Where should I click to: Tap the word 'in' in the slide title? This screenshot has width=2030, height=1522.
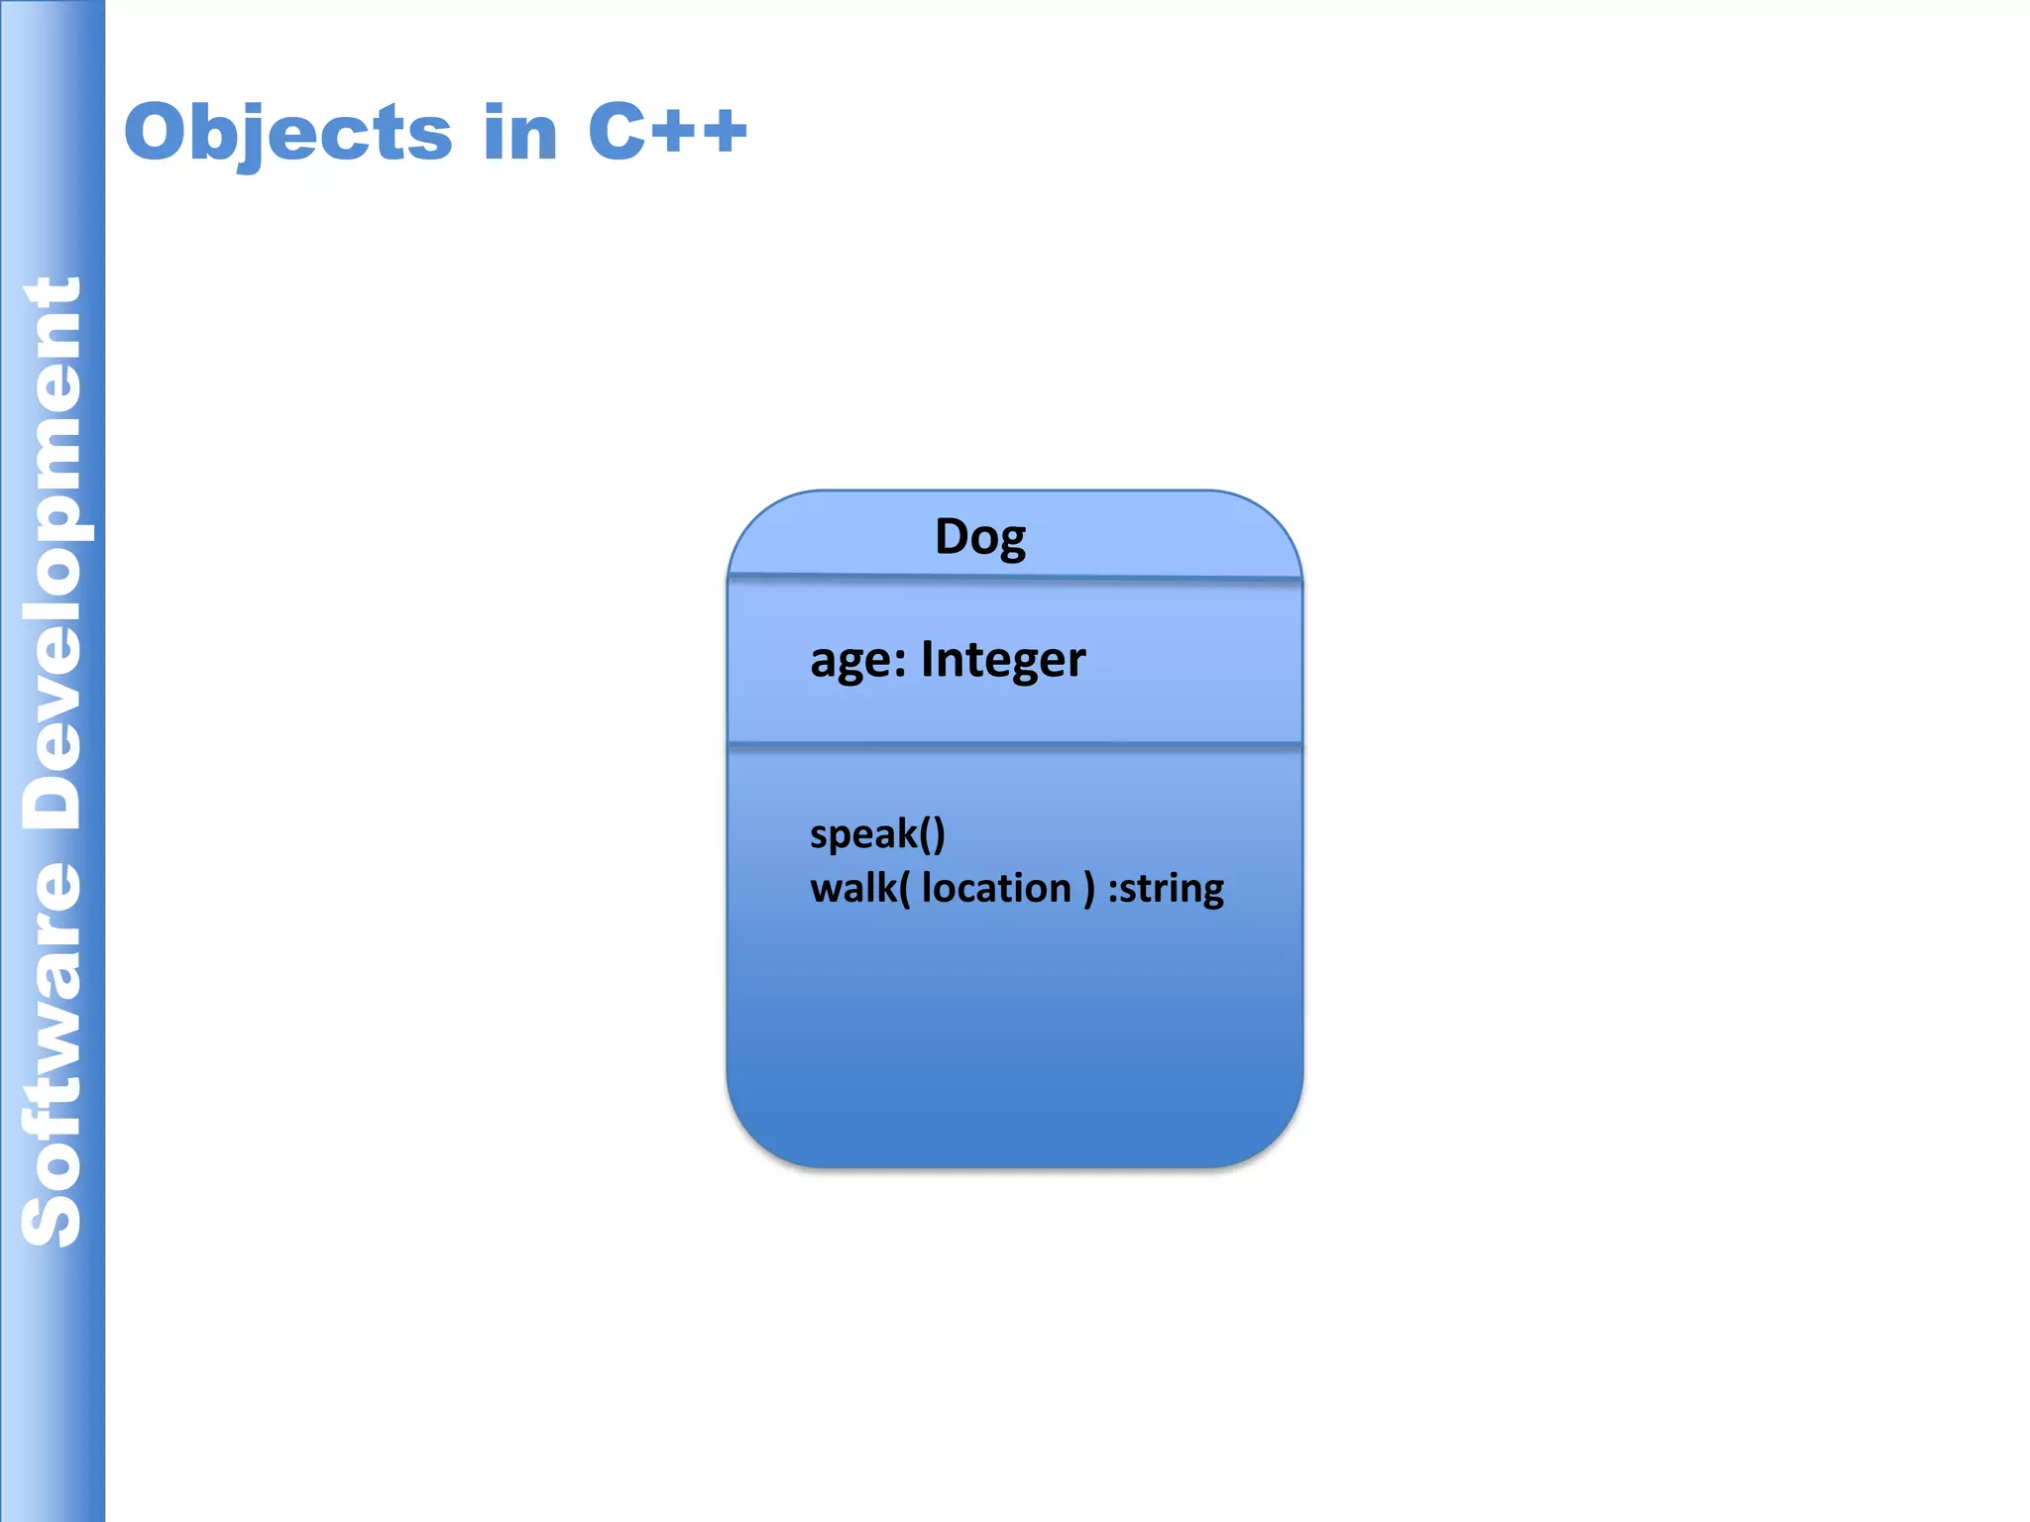coord(520,133)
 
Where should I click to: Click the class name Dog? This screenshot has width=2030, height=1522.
coord(980,537)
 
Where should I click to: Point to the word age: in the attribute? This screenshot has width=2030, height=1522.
coord(857,660)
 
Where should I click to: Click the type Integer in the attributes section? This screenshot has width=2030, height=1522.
coord(1003,660)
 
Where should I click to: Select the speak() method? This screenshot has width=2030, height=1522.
coord(877,834)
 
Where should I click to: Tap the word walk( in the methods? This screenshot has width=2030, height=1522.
coord(859,888)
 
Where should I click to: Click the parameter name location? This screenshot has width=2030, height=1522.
coord(996,888)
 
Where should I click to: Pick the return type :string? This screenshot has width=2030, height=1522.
coord(1166,889)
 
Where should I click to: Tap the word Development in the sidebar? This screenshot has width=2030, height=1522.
coord(52,555)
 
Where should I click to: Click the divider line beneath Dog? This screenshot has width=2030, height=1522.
coord(1014,578)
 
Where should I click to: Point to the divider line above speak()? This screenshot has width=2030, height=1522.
coord(1014,745)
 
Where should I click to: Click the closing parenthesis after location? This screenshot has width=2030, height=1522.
coord(1089,889)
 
